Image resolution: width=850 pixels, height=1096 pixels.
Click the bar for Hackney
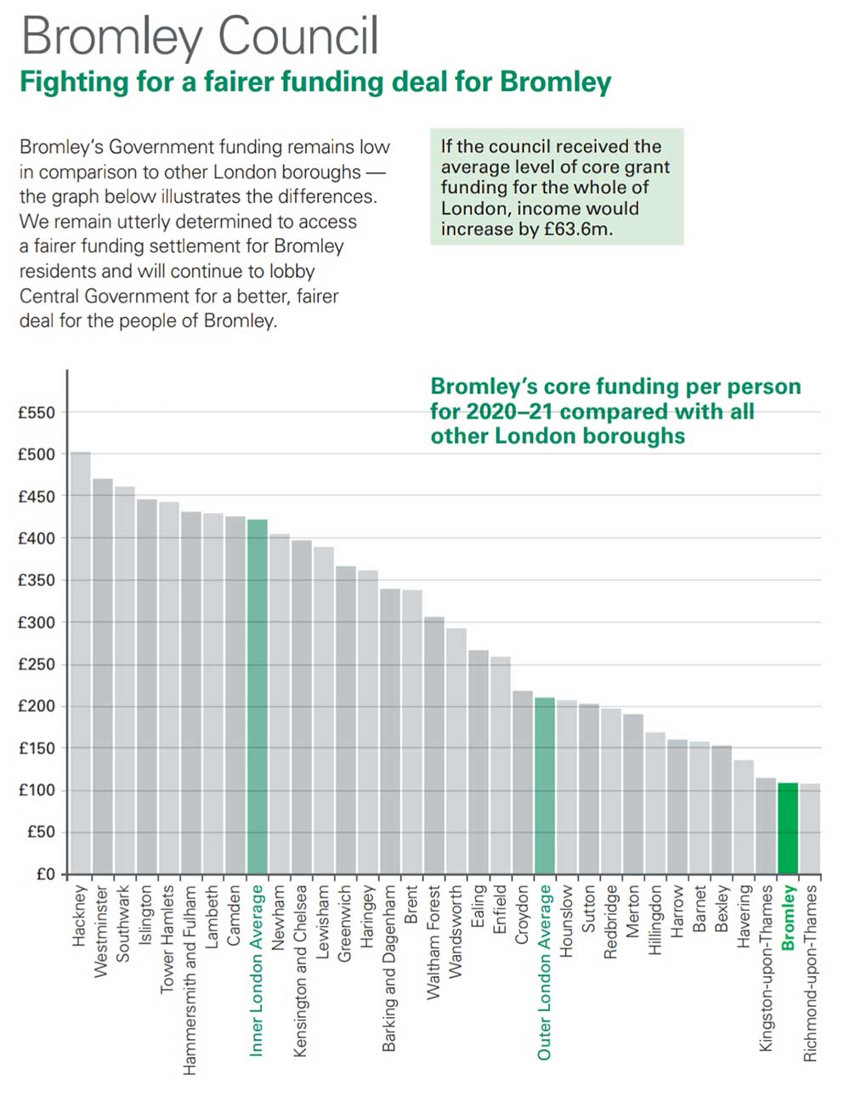pos(81,663)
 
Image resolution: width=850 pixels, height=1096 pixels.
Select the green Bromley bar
pos(788,828)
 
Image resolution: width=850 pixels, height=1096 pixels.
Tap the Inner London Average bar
pos(258,697)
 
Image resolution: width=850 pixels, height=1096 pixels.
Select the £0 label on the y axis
pos(44,874)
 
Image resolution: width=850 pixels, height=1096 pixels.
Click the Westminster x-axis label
pos(102,932)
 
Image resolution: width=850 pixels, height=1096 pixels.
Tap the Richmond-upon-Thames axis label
pos(810,974)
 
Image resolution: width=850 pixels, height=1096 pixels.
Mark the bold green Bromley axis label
pos(788,918)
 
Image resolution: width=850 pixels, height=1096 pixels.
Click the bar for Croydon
pos(523,782)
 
